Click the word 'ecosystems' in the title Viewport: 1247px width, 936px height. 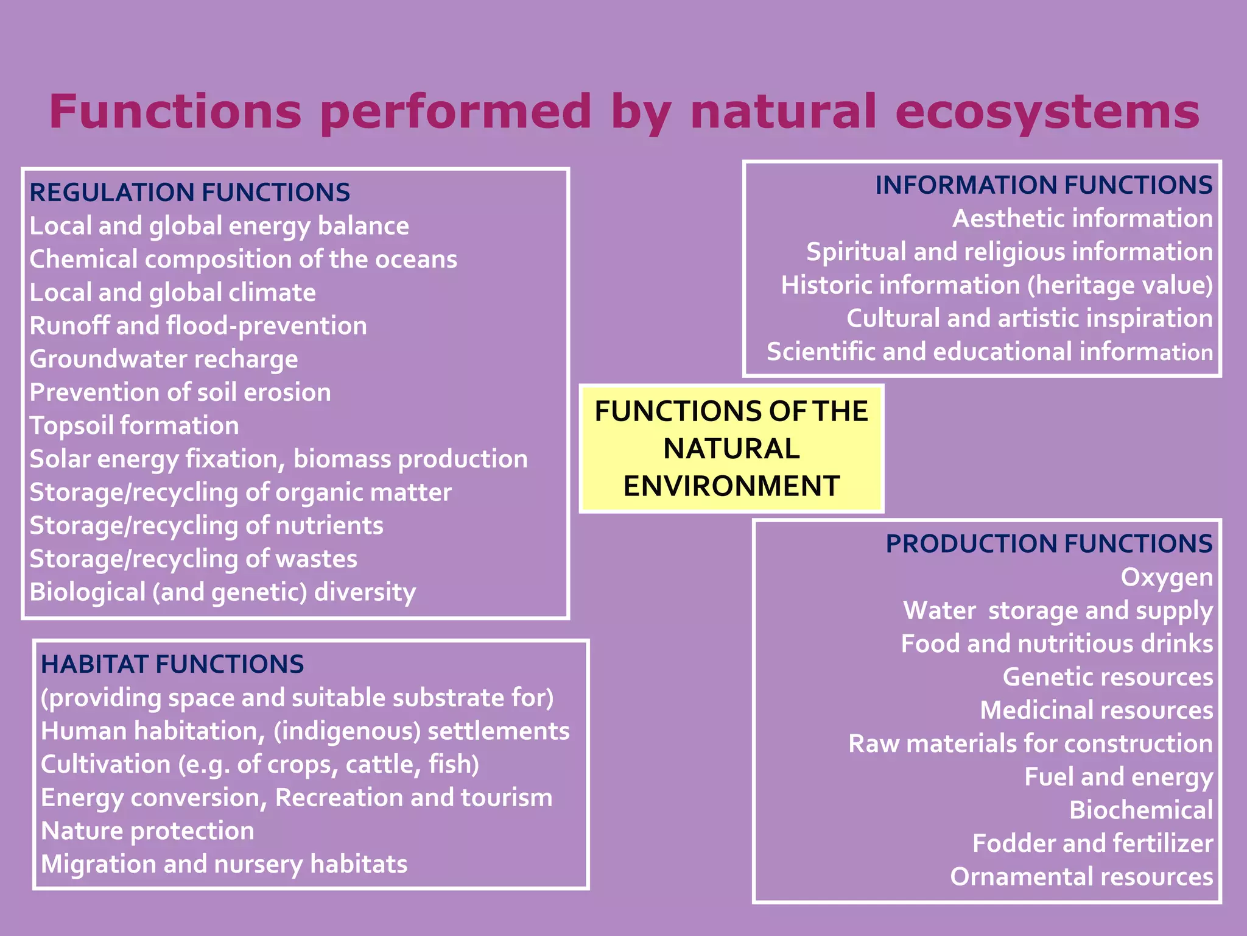1047,112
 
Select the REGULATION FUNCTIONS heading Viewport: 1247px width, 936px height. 189,193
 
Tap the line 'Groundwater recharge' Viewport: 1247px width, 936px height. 164,360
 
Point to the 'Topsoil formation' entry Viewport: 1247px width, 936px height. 134,426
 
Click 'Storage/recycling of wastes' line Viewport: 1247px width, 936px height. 193,559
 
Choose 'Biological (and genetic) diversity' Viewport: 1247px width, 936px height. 222,592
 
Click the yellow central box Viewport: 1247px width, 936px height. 731,448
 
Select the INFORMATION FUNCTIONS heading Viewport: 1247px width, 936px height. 1044,185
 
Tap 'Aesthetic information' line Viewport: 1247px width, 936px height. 1083,219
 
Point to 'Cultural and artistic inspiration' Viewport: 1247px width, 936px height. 1029,319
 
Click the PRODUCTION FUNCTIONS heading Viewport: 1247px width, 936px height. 1049,544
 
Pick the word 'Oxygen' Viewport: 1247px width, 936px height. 1167,577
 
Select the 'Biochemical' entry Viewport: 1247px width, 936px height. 1141,810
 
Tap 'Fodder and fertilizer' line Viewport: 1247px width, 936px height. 1092,843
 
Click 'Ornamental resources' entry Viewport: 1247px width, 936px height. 1081,877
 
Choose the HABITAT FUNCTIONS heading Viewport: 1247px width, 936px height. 172,664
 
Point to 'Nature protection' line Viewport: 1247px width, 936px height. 147,831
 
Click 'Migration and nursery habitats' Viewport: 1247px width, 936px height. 224,865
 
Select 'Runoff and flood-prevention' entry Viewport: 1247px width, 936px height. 198,326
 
